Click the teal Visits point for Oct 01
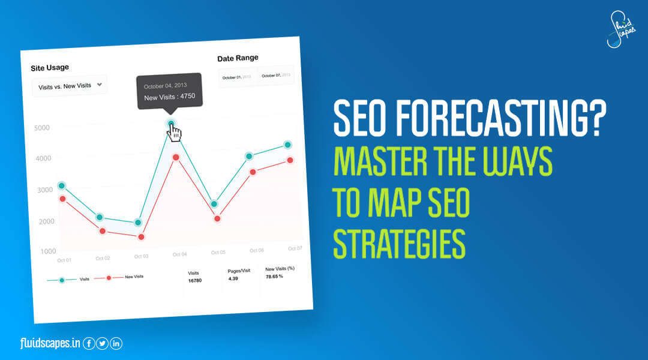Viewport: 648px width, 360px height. point(62,185)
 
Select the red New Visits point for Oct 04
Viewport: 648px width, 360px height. point(176,157)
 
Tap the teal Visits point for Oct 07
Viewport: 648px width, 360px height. point(288,145)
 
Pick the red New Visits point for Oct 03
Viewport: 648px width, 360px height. point(142,237)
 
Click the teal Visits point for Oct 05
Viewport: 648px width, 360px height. point(214,204)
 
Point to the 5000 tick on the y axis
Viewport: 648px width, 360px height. point(41,128)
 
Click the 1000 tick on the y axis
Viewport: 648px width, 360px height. point(49,251)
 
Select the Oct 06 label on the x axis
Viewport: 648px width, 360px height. point(257,250)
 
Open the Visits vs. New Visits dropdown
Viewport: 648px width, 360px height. point(70,86)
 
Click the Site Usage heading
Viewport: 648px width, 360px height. point(50,68)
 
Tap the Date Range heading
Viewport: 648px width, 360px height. point(238,58)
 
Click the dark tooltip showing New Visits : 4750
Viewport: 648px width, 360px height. point(169,91)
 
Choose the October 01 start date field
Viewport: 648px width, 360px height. point(238,77)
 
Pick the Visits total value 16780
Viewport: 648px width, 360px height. point(194,280)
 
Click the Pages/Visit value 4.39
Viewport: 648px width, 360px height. point(233,278)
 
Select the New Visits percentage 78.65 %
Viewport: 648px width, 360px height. point(274,278)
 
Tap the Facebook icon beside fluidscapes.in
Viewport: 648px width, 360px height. point(89,344)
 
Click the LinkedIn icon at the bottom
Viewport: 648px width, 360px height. point(116,344)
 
